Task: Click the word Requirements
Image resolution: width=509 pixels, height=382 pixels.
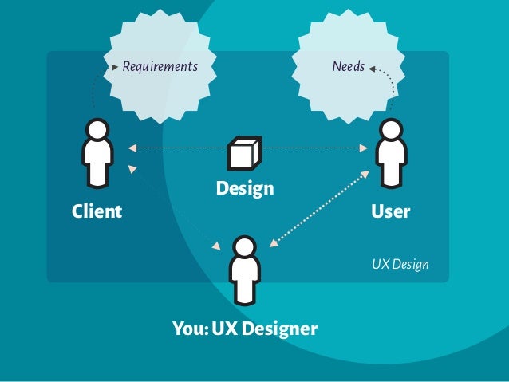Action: (x=160, y=67)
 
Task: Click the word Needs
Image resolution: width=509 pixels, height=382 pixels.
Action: (x=348, y=67)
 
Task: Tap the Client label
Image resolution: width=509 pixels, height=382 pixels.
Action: (x=97, y=211)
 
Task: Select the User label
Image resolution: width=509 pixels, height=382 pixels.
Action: (x=390, y=211)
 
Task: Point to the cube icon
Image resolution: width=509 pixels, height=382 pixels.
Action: (x=244, y=153)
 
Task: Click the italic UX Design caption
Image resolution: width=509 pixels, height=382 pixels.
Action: (x=400, y=263)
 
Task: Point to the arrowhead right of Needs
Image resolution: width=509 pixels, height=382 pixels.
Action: (x=372, y=69)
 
